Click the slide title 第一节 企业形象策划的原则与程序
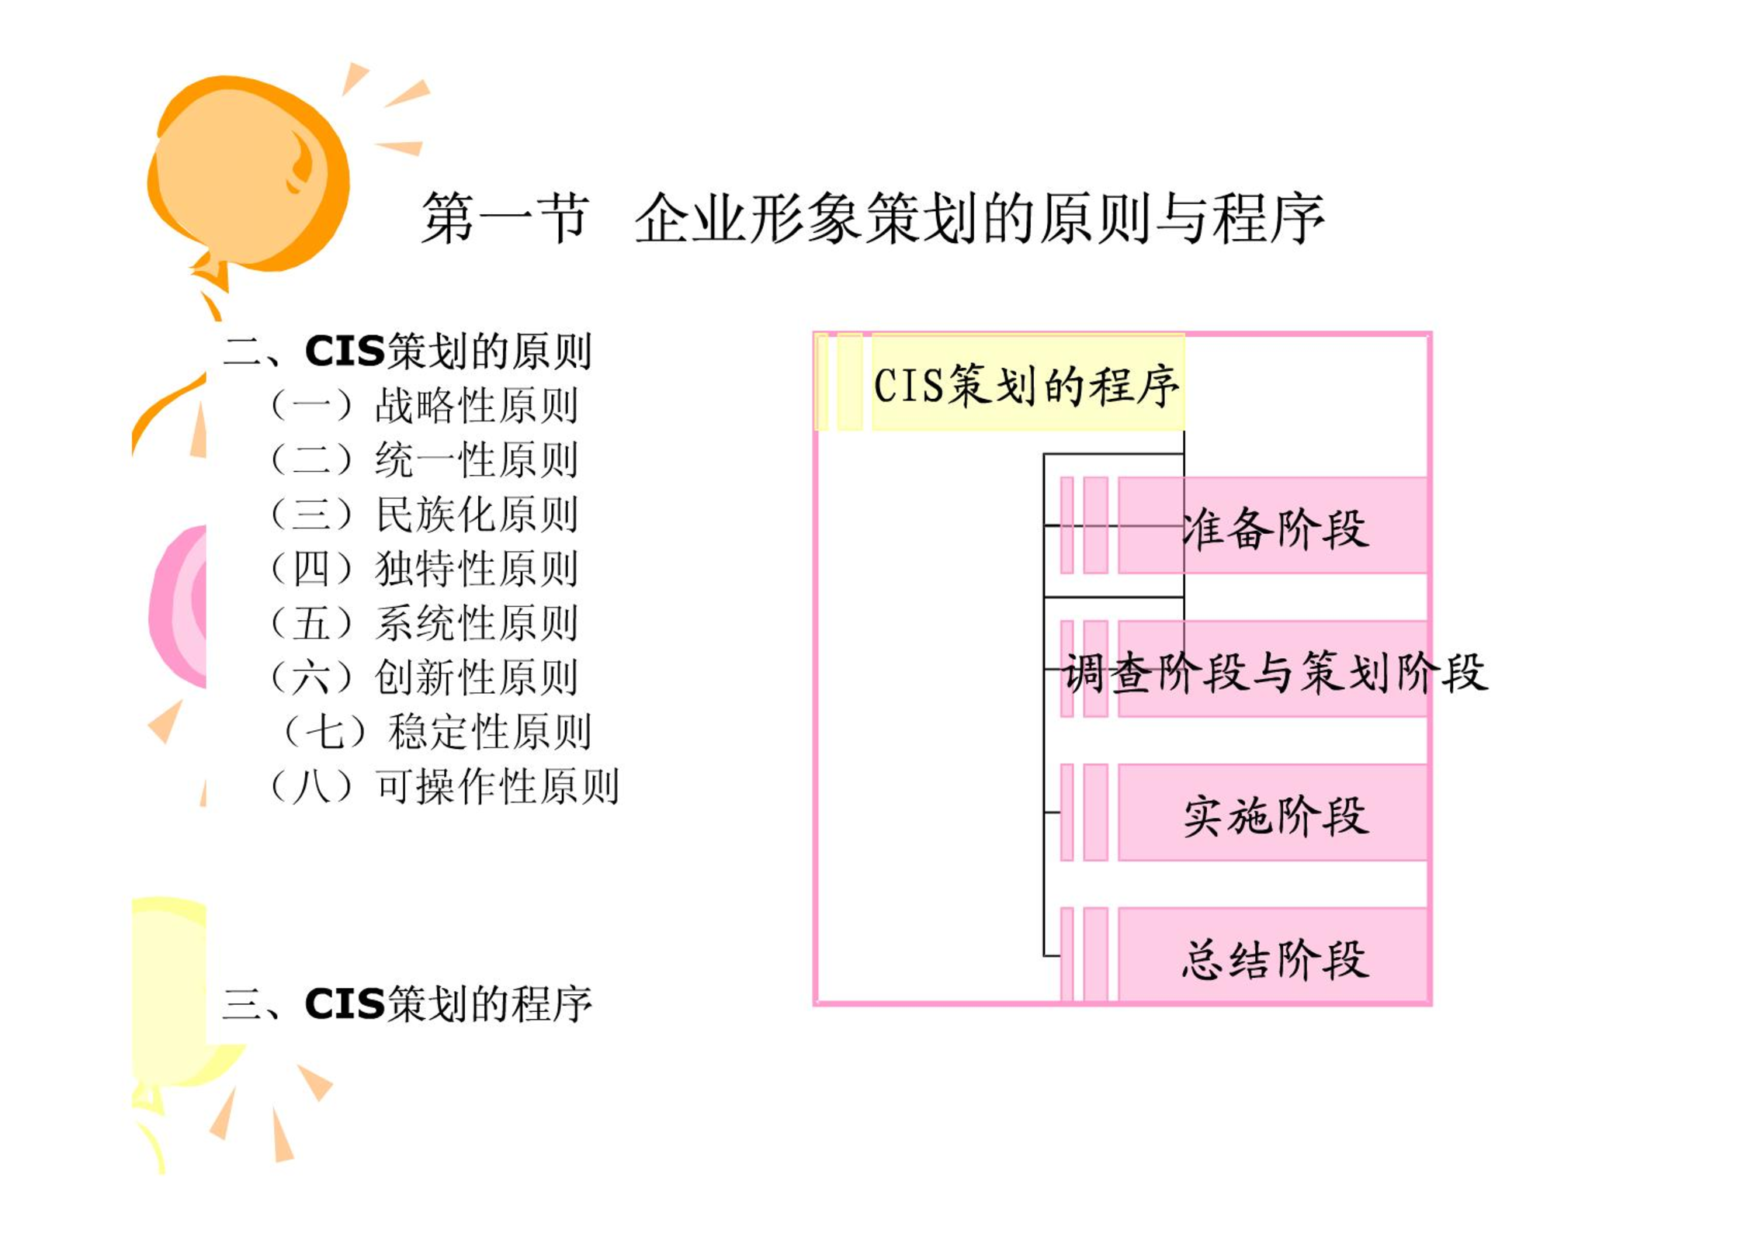coord(872,219)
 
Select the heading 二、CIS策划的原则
coord(408,351)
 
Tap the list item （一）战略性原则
coord(424,405)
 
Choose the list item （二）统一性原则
coord(424,459)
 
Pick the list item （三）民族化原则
coord(424,514)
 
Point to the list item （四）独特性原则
coord(424,568)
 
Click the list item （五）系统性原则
coord(424,622)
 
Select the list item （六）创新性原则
coord(424,677)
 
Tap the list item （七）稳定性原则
coord(437,731)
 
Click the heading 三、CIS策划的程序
coord(408,1003)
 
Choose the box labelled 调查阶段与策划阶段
coord(1273,669)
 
